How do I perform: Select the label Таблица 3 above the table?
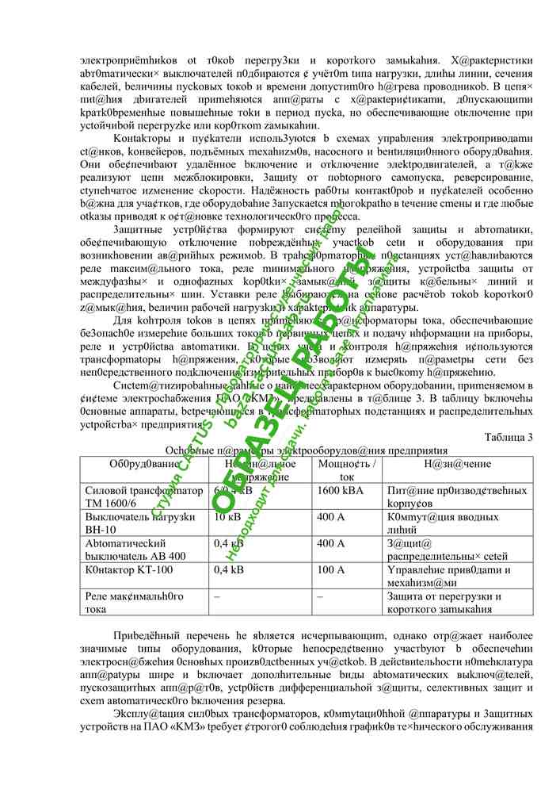508,437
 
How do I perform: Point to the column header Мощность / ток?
346,469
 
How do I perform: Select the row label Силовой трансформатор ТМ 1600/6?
143,496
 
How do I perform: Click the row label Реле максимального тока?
134,602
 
